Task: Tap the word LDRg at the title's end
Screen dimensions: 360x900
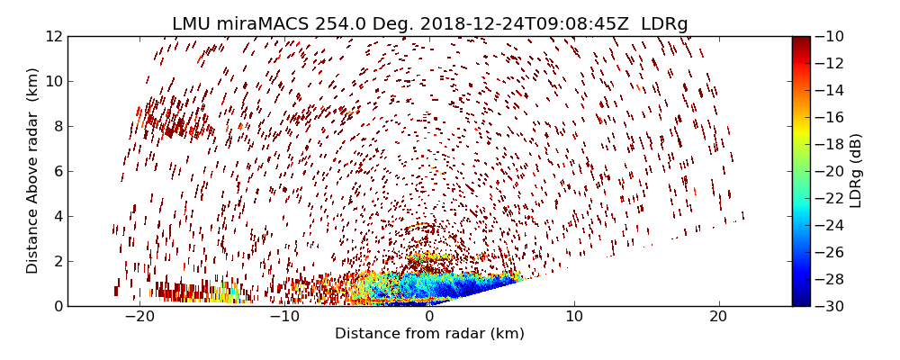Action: point(664,24)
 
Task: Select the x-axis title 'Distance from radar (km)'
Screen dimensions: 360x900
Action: point(429,334)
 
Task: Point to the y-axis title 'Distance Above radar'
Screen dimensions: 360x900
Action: point(33,171)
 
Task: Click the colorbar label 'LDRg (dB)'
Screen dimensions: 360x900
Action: point(856,171)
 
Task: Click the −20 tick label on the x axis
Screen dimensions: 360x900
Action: point(139,317)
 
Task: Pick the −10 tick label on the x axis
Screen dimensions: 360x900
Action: point(284,317)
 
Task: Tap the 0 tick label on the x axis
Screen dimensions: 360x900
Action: point(429,317)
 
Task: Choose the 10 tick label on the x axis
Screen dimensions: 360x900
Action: point(574,317)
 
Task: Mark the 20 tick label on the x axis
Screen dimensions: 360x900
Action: point(718,317)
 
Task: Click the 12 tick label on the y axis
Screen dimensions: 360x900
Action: point(54,37)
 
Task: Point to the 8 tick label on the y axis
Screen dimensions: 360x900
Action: point(58,127)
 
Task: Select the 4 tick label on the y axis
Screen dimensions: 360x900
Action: point(58,217)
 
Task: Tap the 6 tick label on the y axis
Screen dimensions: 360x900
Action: point(58,172)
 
